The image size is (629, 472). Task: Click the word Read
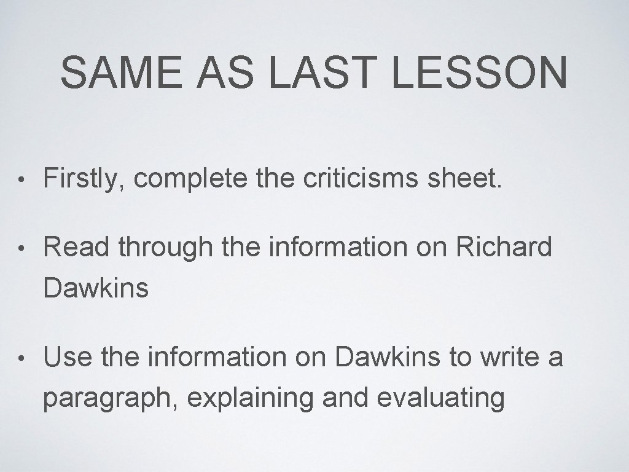click(77, 248)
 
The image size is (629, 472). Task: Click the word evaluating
click(440, 399)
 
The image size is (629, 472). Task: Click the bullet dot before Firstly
click(21, 180)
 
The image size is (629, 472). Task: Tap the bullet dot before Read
click(21, 249)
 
